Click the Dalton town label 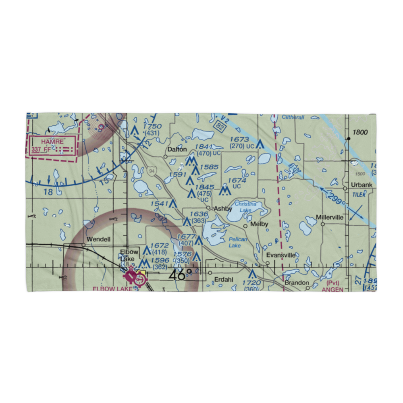pos(177,150)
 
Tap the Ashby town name pos(223,209)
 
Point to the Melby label pos(259,224)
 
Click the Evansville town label pos(280,255)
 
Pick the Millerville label pos(330,217)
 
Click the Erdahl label pos(224,278)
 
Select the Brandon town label pos(297,283)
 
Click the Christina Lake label pos(245,207)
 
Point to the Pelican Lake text pos(238,242)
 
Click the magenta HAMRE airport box pos(51,145)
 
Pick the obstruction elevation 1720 pos(252,283)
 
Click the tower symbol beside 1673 pos(260,144)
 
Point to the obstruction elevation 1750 pos(152,127)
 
